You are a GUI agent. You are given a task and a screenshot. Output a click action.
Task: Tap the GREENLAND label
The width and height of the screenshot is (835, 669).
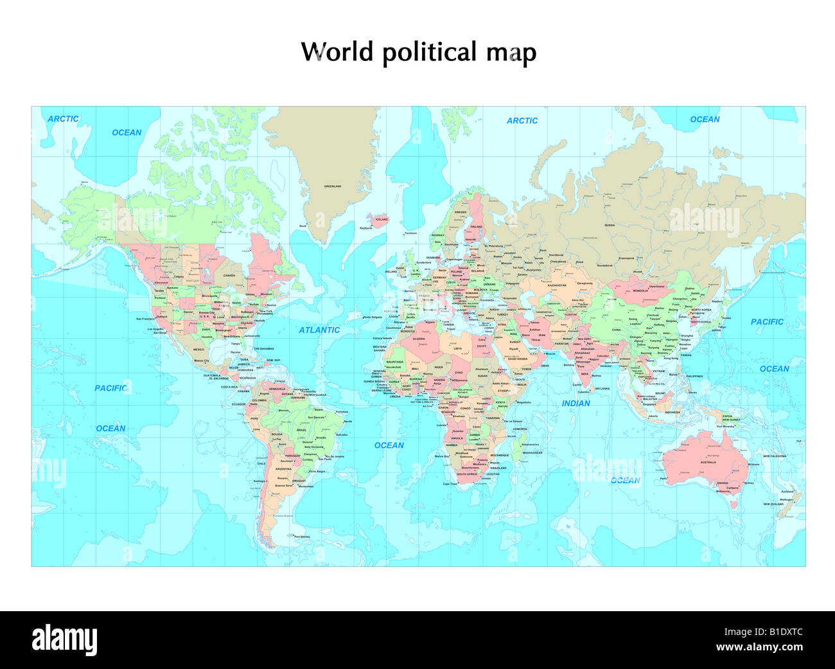click(x=333, y=186)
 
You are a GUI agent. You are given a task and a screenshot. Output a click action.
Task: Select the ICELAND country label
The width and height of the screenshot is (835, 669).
click(x=382, y=219)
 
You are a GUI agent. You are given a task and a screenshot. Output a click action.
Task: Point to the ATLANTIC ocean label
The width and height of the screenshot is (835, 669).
click(x=319, y=330)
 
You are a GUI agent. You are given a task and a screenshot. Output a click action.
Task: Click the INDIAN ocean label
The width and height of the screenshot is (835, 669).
click(x=576, y=403)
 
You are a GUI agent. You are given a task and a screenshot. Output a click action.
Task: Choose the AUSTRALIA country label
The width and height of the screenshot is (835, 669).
click(x=708, y=462)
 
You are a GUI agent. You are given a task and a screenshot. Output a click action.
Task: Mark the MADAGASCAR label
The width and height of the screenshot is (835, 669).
click(x=532, y=452)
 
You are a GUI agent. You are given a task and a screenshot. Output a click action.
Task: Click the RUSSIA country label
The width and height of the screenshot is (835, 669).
click(x=610, y=226)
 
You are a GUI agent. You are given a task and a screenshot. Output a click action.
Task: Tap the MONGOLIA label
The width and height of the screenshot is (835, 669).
click(x=641, y=290)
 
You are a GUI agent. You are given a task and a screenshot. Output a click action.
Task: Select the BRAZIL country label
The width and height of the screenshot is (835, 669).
click(x=301, y=430)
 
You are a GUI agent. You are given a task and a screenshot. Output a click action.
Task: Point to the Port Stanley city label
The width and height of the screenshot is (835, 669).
click(x=302, y=537)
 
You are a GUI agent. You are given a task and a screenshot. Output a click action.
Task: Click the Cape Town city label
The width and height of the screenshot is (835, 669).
click(x=450, y=484)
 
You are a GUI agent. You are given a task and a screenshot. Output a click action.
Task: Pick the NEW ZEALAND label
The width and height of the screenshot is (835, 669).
click(x=773, y=504)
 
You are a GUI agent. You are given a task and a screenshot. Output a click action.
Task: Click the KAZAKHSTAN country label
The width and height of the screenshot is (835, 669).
click(x=557, y=285)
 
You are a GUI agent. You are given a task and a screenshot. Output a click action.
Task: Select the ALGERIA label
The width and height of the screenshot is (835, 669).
click(x=419, y=339)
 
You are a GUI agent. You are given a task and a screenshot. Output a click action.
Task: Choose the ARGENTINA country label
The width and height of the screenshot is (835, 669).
click(x=283, y=469)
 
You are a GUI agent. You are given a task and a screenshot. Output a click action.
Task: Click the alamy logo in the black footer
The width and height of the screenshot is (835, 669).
click(x=65, y=639)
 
